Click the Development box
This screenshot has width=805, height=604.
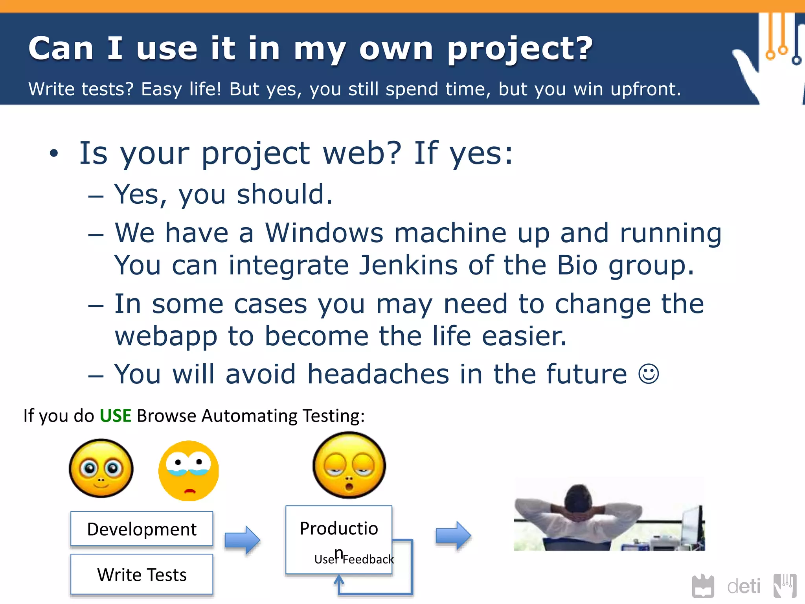tap(142, 529)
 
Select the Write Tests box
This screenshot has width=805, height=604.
tap(142, 575)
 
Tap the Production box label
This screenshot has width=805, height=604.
tap(338, 528)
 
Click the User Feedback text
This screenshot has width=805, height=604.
tap(354, 559)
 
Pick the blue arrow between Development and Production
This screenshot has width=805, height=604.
tap(242, 540)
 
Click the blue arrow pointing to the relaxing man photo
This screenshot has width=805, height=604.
tap(453, 535)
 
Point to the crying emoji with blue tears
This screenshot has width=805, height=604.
tap(189, 471)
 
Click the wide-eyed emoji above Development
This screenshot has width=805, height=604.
tap(101, 468)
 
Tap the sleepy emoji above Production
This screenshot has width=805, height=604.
tap(349, 465)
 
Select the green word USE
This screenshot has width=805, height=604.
tap(115, 416)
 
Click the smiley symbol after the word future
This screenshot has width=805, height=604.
tap(648, 374)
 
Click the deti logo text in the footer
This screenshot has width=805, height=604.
tap(743, 586)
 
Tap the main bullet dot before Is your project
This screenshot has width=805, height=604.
tap(54, 153)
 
